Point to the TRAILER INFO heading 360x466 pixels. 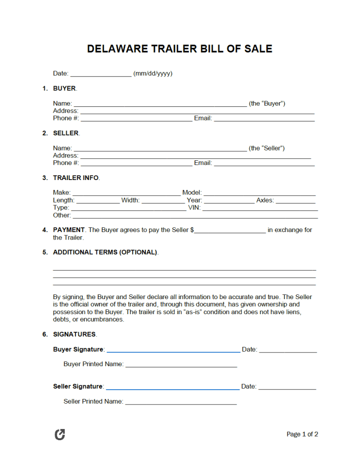76,178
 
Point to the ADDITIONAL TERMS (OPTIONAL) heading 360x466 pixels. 105,252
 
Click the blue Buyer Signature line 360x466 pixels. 173,350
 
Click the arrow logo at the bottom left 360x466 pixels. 60,435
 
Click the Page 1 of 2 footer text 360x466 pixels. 302,435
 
